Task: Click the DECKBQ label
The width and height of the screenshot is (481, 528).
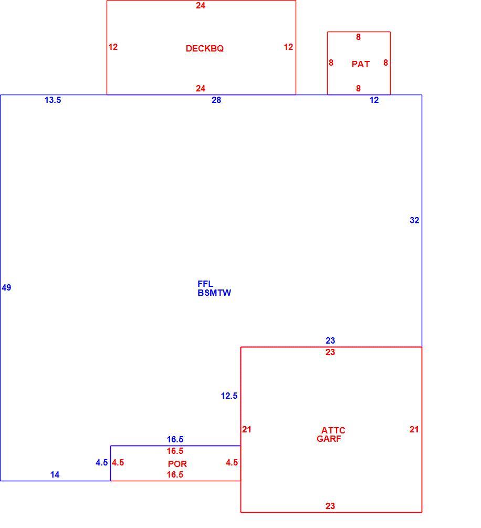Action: pyautogui.click(x=204, y=48)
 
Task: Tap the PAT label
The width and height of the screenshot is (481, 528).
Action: pyautogui.click(x=361, y=64)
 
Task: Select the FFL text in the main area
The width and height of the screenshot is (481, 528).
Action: pyautogui.click(x=205, y=284)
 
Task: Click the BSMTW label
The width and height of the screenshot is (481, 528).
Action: pyautogui.click(x=214, y=293)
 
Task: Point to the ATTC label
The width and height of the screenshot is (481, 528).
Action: pyautogui.click(x=333, y=430)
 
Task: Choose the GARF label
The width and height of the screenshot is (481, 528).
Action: pyautogui.click(x=329, y=439)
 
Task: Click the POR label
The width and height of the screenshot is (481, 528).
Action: pyautogui.click(x=177, y=464)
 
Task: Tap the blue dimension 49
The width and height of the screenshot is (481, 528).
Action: pyautogui.click(x=6, y=287)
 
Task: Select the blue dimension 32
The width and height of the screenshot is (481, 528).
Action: pyautogui.click(x=414, y=220)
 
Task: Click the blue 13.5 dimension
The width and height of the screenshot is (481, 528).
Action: pyautogui.click(x=53, y=100)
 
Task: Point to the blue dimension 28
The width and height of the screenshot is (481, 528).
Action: pyautogui.click(x=216, y=100)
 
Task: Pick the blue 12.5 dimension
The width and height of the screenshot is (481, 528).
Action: pyautogui.click(x=229, y=396)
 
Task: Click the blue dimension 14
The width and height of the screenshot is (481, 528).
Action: pyautogui.click(x=55, y=474)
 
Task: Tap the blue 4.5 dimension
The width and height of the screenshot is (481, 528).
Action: pyautogui.click(x=102, y=462)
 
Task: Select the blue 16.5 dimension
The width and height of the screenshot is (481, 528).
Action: pyautogui.click(x=175, y=439)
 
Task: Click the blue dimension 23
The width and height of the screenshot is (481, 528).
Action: pyautogui.click(x=330, y=340)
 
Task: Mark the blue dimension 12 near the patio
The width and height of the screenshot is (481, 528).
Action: pyautogui.click(x=374, y=100)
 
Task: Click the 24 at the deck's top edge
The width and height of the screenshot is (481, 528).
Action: pyautogui.click(x=201, y=5)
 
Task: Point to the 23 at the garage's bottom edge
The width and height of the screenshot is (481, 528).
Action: pyautogui.click(x=330, y=506)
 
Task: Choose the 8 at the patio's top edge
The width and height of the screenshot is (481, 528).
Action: pyautogui.click(x=359, y=37)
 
